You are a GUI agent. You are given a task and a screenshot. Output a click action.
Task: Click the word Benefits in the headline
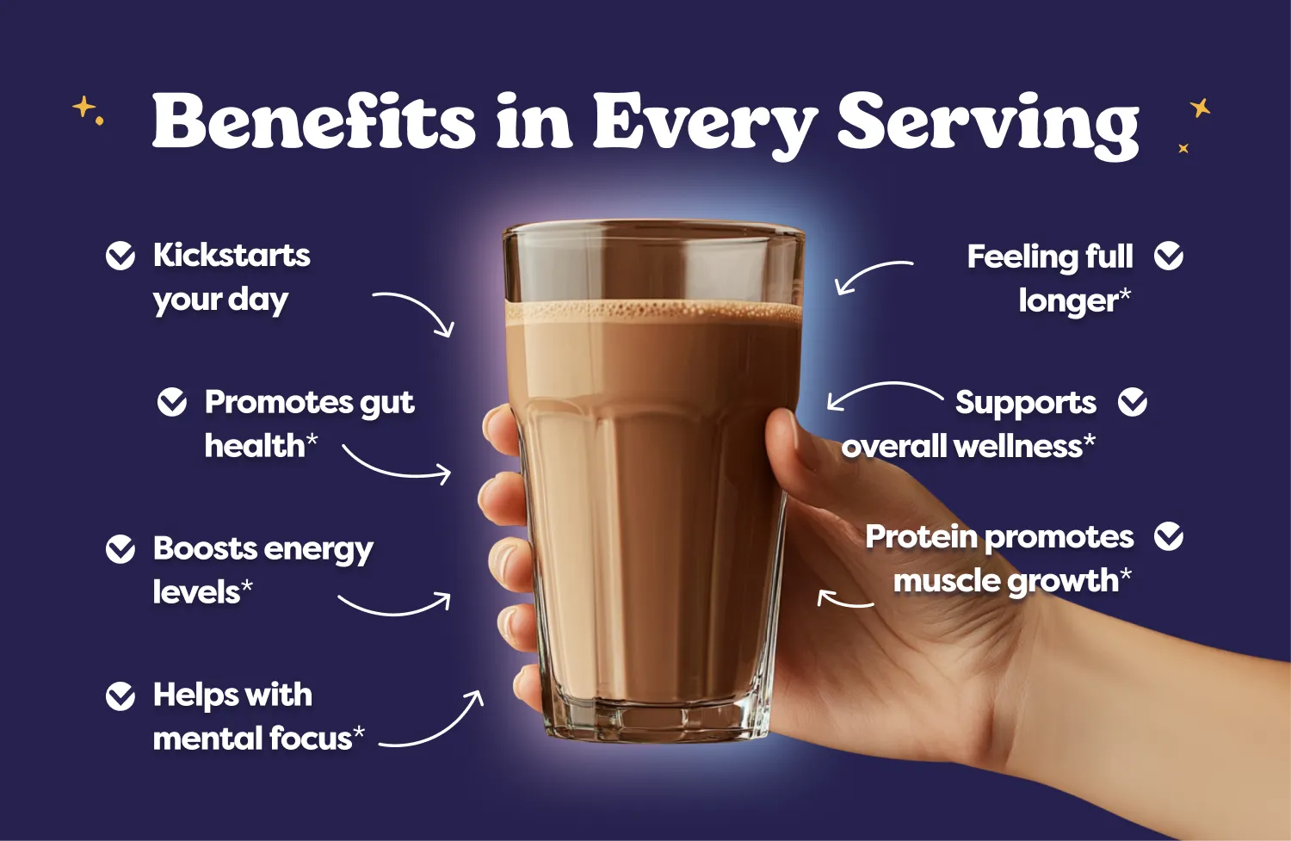point(314,121)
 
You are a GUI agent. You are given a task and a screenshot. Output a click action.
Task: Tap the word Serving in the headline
point(988,126)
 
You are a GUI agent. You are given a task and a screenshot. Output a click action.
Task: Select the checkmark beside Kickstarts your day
point(120,256)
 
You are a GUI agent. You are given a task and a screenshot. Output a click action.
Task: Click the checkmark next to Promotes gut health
point(172,402)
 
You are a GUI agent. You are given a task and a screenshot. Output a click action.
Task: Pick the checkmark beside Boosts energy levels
point(120,548)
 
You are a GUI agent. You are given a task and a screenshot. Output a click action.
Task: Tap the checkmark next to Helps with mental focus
point(120,696)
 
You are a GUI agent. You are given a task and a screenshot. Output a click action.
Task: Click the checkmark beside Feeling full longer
point(1169,256)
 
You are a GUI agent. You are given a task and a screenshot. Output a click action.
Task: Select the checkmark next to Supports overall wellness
point(1133,402)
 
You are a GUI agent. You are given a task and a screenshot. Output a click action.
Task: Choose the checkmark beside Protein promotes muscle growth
point(1169,536)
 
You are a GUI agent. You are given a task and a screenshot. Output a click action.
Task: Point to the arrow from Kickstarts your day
point(423,305)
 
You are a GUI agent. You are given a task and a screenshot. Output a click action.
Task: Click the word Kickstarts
point(232,256)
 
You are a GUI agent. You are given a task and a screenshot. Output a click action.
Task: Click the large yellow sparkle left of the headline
point(83,107)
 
